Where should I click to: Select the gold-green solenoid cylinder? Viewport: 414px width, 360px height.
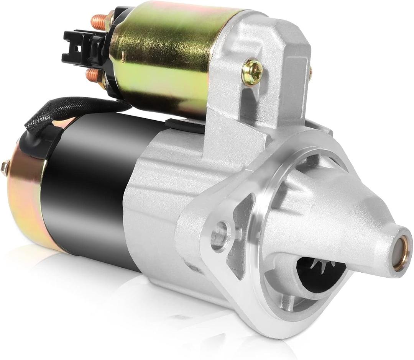pyautogui.click(x=165, y=57)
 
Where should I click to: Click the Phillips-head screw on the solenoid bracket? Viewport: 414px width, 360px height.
pyautogui.click(x=252, y=72)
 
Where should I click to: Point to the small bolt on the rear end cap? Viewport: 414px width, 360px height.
pyautogui.click(x=5, y=167)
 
